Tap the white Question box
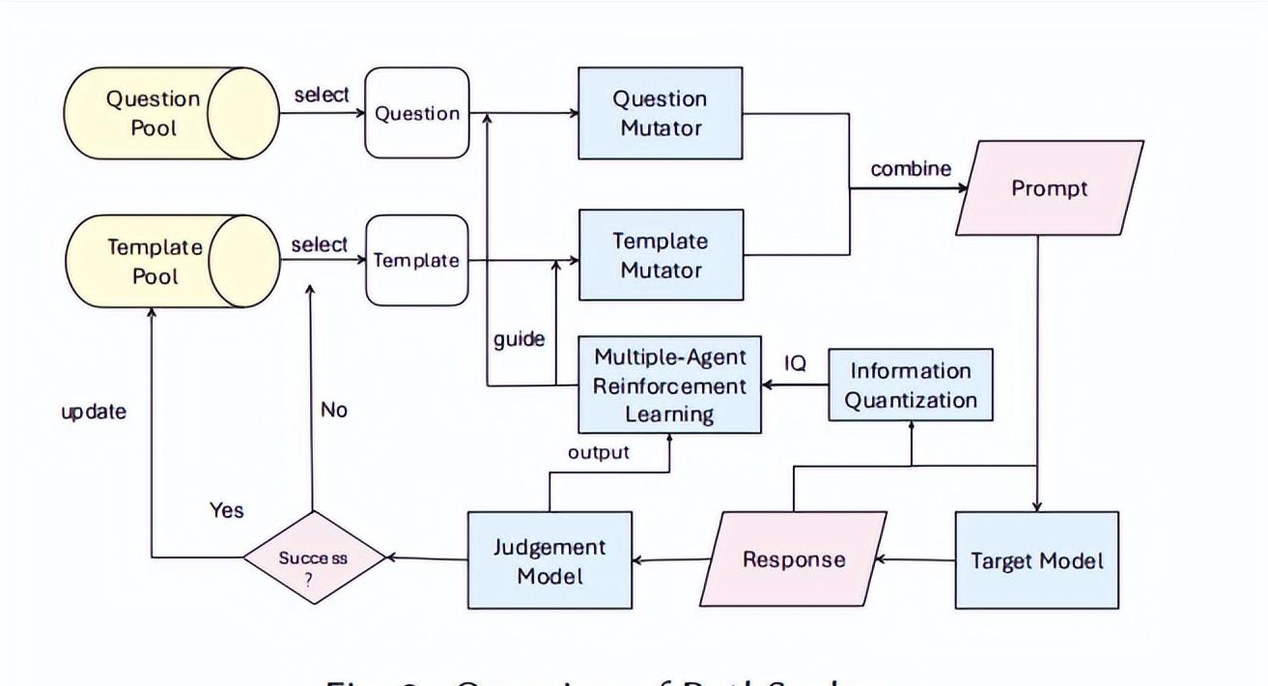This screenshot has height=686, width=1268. point(416,113)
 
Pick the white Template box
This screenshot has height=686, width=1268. point(415,260)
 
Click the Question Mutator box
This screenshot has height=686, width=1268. point(661,113)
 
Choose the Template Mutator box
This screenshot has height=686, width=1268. point(661,255)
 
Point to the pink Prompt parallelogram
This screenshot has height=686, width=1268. point(1050,188)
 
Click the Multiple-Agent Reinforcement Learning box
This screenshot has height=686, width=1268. point(669,386)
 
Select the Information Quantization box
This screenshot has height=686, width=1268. point(911,385)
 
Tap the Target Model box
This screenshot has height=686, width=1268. point(1036,560)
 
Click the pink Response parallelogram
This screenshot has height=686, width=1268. point(794,559)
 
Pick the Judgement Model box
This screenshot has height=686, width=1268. point(549,560)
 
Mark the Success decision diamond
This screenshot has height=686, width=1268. point(313,557)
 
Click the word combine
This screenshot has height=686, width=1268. point(911,169)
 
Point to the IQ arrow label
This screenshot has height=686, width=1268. point(795,363)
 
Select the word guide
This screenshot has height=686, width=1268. point(520,339)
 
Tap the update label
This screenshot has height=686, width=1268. point(94,412)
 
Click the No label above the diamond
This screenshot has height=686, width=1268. point(333,411)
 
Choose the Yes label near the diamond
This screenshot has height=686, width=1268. point(227,509)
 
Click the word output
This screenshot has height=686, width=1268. point(599,451)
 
